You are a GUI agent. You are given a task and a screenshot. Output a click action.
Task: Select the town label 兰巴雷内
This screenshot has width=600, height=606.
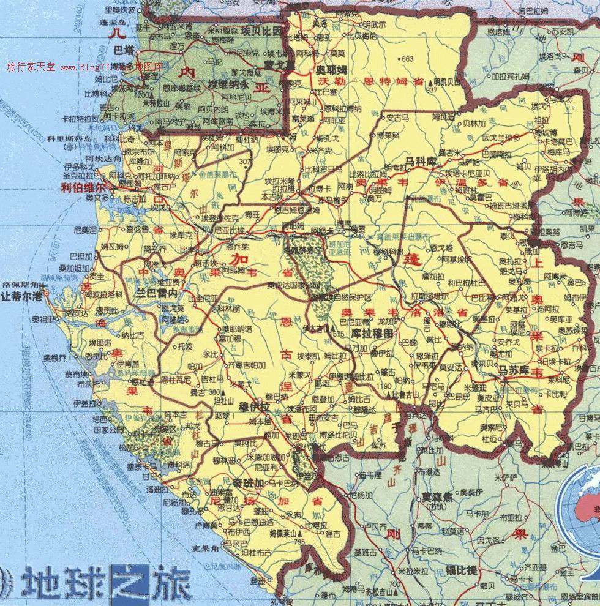tap(157, 294)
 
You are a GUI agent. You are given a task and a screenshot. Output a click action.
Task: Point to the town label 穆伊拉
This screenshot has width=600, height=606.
tap(252, 406)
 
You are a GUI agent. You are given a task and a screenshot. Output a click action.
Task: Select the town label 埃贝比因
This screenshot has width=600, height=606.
tap(261, 30)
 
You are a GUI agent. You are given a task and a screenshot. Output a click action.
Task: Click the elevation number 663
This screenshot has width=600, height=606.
tap(408, 59)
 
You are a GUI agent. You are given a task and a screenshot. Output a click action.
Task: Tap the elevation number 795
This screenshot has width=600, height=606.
tap(299, 542)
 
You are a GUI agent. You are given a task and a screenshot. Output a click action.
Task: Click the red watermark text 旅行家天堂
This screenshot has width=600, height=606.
tap(31, 67)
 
